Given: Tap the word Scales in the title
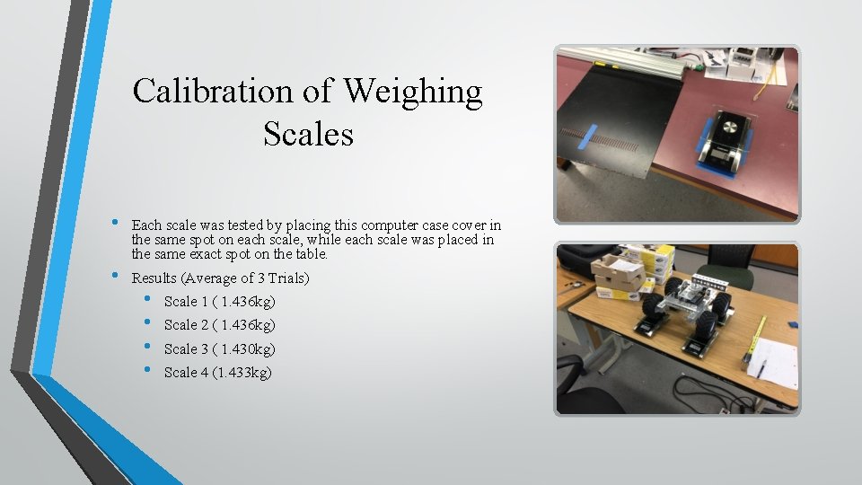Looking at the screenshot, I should (308, 135).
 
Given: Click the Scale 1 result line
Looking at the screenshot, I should (219, 301).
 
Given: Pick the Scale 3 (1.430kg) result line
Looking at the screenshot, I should (219, 348).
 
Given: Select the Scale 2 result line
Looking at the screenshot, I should (219, 324).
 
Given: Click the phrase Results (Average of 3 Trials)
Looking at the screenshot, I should (220, 278).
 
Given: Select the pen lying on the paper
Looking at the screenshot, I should (761, 366).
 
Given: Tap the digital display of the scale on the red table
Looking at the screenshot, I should (723, 154).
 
